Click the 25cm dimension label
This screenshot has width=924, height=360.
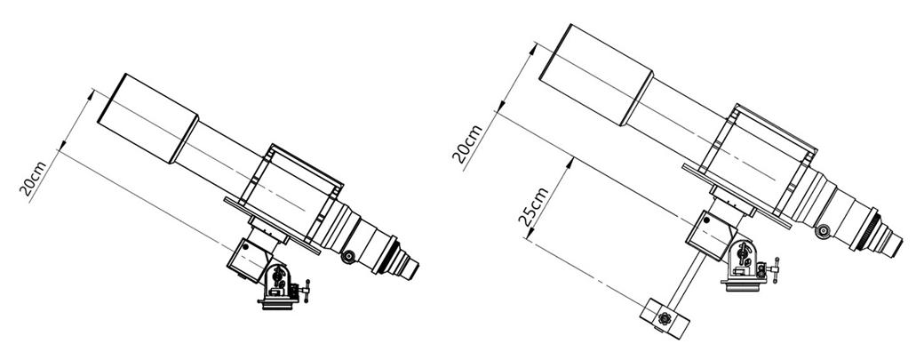point(533,207)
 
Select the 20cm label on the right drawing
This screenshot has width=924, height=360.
point(468,144)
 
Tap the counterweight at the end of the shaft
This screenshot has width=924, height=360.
point(665,319)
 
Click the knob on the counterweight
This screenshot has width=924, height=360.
point(665,319)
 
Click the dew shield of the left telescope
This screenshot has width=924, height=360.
point(147,118)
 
